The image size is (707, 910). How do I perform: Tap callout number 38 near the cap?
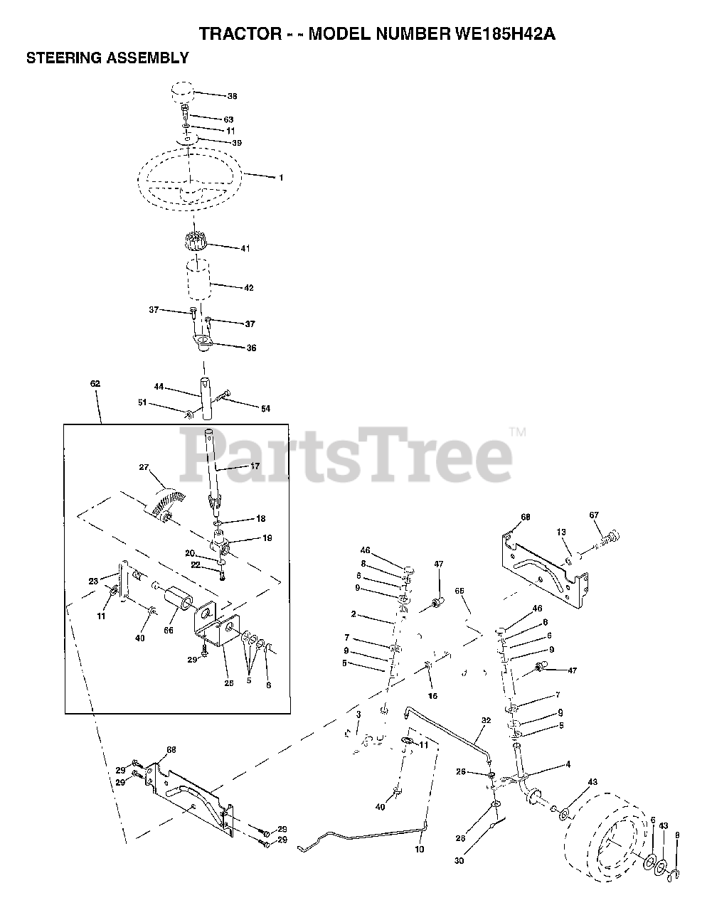[x=232, y=96]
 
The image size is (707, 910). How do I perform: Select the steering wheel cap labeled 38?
[x=182, y=93]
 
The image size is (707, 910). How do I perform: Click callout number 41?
[x=245, y=249]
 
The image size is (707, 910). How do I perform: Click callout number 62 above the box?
[x=95, y=384]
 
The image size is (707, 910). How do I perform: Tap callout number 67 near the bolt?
[x=595, y=515]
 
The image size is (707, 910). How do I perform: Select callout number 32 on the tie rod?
[x=486, y=720]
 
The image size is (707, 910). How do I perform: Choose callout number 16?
[x=433, y=695]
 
